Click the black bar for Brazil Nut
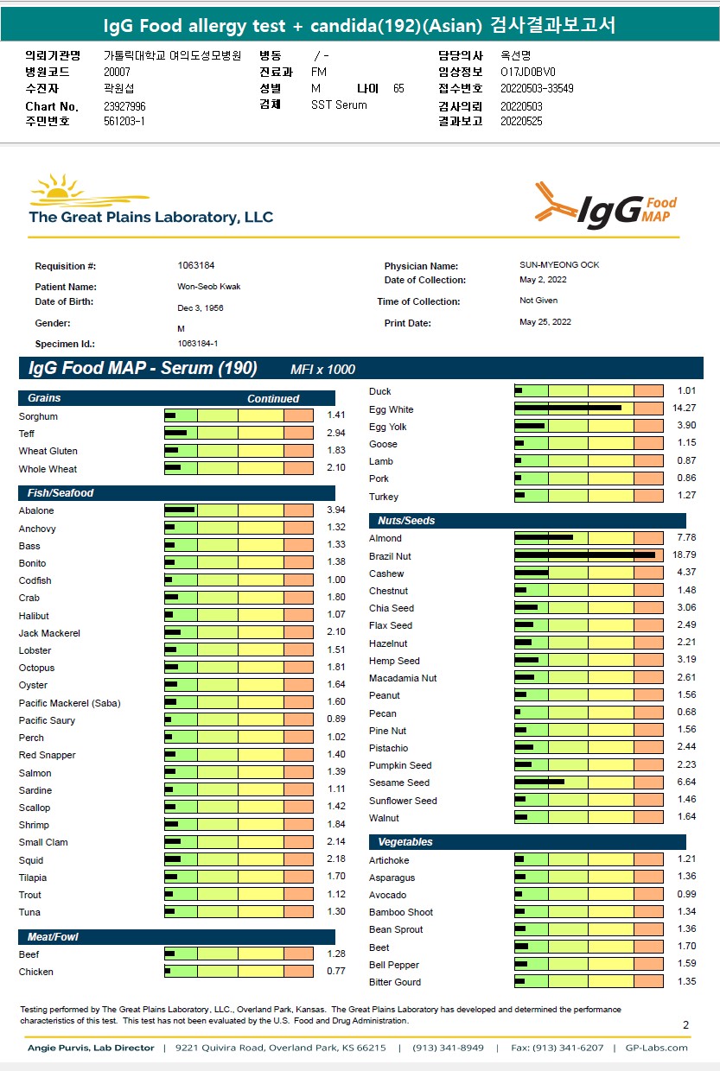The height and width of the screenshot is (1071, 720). pos(584,555)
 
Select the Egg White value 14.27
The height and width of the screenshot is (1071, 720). pos(684,408)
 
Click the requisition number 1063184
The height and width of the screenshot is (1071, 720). pos(196,265)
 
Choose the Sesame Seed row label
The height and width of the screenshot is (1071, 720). pos(399,783)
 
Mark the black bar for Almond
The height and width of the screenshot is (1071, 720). pos(544,537)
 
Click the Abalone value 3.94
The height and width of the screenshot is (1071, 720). pos(336,510)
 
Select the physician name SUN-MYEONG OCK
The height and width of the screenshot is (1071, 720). pos(559,265)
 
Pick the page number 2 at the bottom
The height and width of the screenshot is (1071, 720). pos(685,1024)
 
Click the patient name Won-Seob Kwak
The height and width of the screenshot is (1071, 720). pos(208,287)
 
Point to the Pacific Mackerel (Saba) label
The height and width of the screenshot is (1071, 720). pos(69,703)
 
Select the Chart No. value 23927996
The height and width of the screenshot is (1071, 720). pos(124,106)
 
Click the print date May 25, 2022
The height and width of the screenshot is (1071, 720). pos(545,322)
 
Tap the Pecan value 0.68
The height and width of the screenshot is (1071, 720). pos(686,712)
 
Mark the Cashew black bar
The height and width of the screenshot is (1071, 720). pos(532,573)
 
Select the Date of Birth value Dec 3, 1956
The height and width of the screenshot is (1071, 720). pos(201,307)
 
